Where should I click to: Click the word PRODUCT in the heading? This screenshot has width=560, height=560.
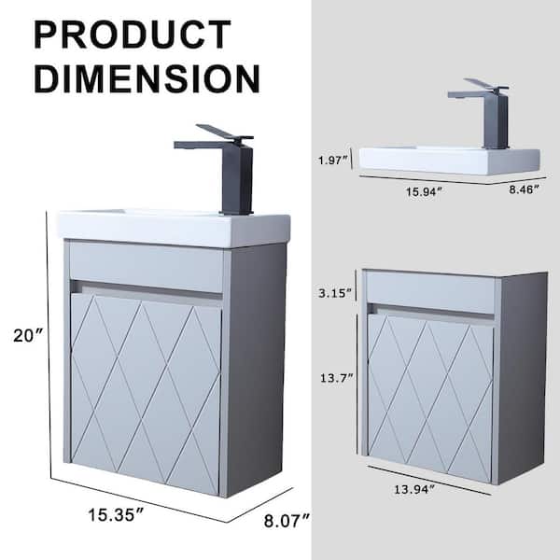click(x=133, y=35)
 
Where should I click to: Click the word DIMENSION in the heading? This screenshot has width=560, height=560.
click(x=147, y=78)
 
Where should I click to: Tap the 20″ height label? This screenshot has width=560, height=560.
click(x=28, y=336)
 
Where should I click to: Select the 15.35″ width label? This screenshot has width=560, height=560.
click(x=116, y=514)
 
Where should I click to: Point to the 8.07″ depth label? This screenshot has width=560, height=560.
click(x=287, y=521)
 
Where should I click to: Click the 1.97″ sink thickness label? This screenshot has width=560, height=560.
click(x=333, y=161)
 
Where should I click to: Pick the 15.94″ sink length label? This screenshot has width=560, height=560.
click(x=424, y=191)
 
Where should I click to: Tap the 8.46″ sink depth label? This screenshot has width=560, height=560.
click(x=524, y=189)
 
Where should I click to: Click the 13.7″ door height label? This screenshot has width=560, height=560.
click(x=336, y=377)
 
